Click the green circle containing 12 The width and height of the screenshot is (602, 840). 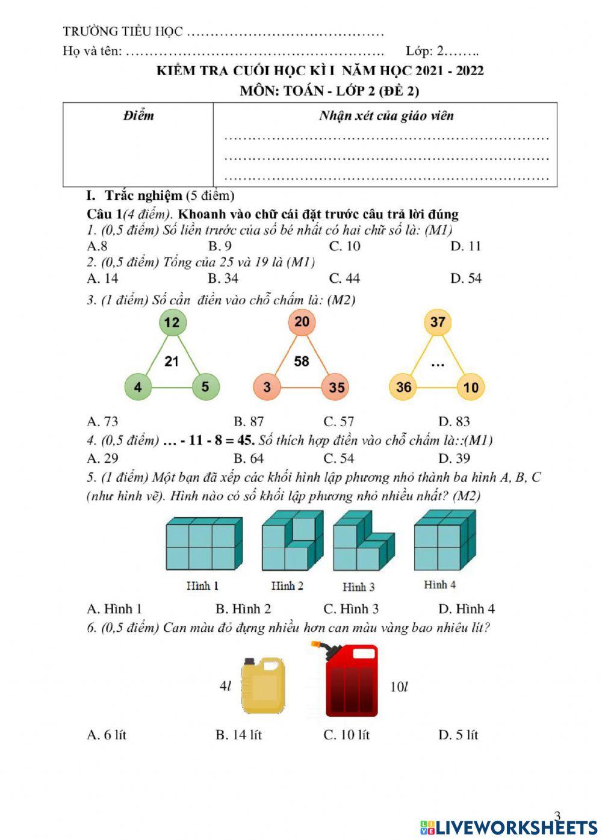(172, 323)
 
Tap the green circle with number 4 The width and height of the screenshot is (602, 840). (138, 386)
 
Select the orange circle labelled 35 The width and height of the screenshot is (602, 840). (337, 387)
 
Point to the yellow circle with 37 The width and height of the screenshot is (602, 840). (438, 322)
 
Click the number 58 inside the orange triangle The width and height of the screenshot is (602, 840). (302, 361)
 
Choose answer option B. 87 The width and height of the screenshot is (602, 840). (249, 421)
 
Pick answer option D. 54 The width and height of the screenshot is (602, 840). (466, 278)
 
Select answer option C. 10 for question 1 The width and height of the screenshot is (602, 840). (345, 246)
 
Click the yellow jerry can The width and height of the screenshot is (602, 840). (262, 685)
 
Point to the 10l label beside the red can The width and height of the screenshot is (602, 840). (399, 687)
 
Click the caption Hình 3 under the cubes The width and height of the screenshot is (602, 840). (359, 587)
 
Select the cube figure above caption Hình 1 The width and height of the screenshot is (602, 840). (204, 543)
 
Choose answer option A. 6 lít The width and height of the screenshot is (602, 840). (107, 735)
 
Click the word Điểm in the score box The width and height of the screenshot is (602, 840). (138, 116)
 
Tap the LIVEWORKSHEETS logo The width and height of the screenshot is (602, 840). (509, 827)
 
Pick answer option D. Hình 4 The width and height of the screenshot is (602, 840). (467, 608)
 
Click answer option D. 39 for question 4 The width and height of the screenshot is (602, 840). (455, 459)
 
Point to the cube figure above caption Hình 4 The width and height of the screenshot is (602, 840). (444, 540)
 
